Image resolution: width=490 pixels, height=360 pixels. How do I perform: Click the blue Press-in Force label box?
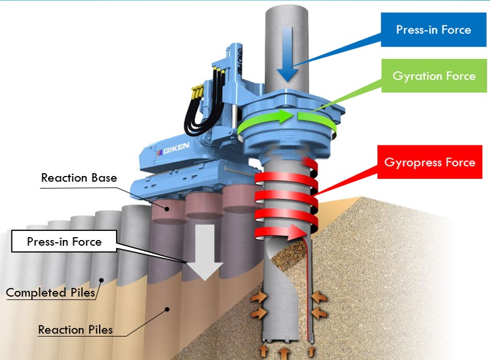click(433, 30)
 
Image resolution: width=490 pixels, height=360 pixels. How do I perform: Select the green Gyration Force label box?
click(433, 76)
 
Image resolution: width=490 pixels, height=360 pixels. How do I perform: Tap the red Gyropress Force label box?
click(429, 163)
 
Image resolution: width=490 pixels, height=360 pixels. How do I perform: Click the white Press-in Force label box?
click(64, 242)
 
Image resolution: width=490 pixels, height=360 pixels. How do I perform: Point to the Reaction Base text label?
click(79, 178)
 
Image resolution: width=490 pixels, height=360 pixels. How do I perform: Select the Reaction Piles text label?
click(75, 329)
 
